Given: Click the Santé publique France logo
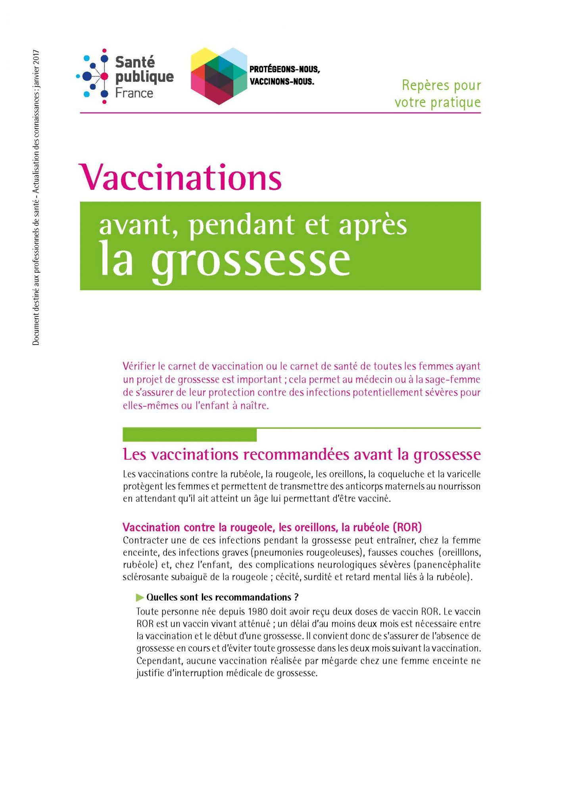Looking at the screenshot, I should [x=125, y=76].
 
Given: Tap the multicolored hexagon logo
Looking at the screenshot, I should [x=218, y=76].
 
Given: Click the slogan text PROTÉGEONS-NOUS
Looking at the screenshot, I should [x=284, y=69].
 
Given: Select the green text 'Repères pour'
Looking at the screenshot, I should [x=441, y=85].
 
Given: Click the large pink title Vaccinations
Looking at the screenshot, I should [x=181, y=177].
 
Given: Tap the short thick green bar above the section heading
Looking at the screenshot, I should [x=190, y=435].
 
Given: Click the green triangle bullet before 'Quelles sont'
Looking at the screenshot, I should [x=140, y=597].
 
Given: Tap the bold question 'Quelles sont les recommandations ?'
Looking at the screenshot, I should [x=222, y=597].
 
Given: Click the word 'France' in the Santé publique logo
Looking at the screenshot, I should [x=134, y=93].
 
